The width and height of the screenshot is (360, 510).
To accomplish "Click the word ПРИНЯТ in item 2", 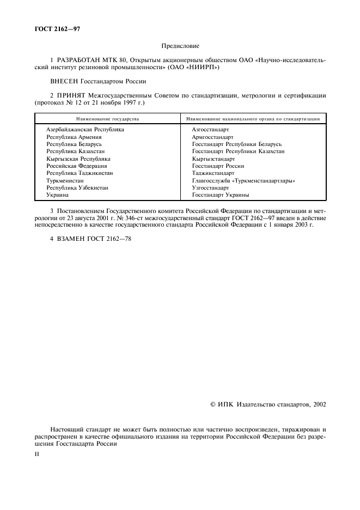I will click(x=74, y=95).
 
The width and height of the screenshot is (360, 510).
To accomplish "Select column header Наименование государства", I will click(x=108, y=118).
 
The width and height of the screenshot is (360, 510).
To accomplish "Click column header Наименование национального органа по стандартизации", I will click(x=252, y=118).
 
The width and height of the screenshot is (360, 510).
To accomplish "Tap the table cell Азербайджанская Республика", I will click(x=85, y=130).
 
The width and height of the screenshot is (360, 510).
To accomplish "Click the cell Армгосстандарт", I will click(x=212, y=137).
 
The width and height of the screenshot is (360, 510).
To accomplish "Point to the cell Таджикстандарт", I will click(x=213, y=173).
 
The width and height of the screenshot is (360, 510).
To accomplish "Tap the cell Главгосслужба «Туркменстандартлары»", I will click(x=247, y=180).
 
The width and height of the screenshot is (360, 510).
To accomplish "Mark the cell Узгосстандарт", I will click(x=210, y=187).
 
